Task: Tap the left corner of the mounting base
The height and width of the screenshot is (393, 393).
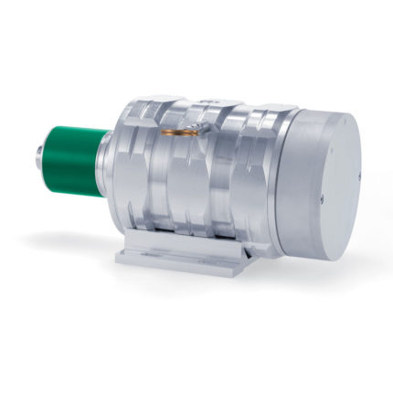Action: click(122, 259)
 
